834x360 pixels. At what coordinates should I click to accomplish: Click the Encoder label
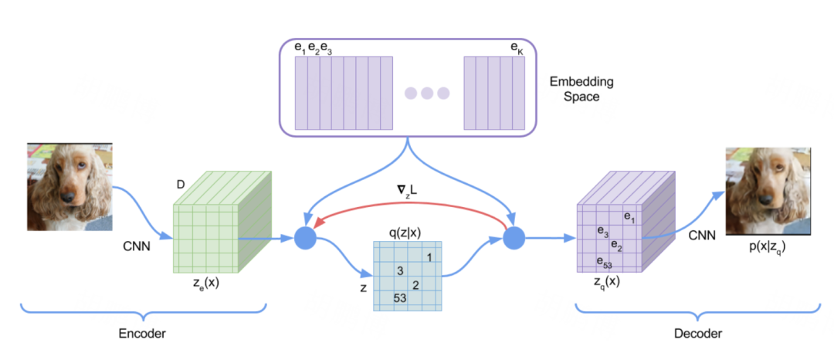[x=143, y=333]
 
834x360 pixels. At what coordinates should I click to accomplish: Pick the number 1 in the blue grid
[x=429, y=256]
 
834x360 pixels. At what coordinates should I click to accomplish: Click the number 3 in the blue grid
[x=400, y=271]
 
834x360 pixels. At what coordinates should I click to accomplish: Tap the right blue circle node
[x=514, y=239]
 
